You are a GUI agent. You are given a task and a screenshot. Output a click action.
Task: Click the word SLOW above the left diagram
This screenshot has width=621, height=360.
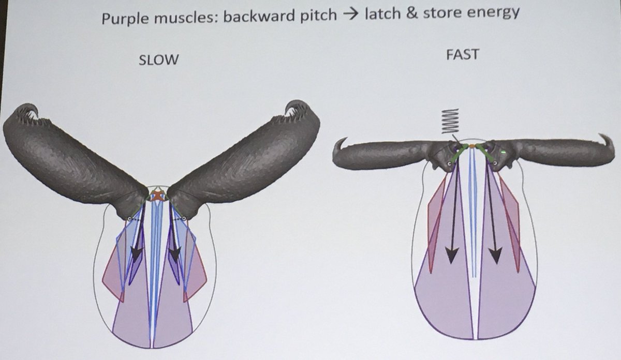[x=159, y=59]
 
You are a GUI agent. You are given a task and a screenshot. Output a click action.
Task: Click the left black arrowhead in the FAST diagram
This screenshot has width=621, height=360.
[x=452, y=255]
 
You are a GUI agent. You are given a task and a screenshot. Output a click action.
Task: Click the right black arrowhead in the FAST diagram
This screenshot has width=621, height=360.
[x=495, y=255]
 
